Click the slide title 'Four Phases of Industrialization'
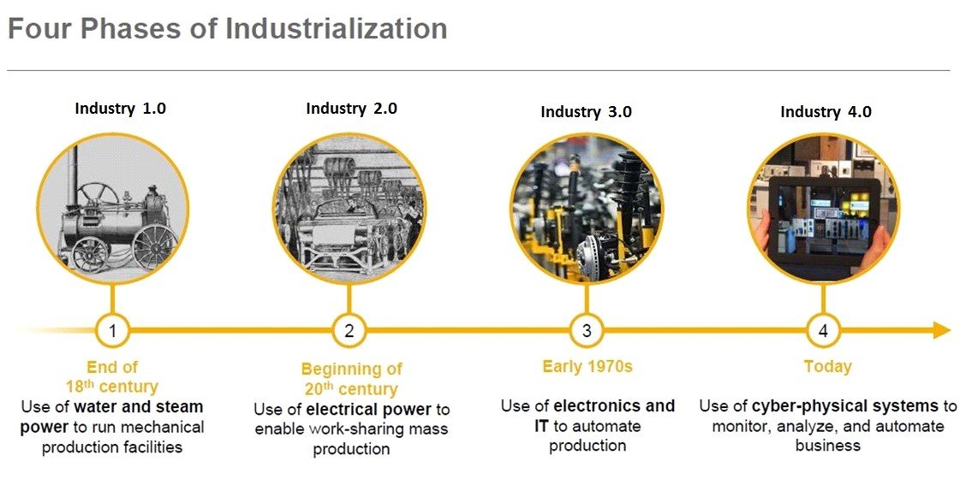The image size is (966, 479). (228, 29)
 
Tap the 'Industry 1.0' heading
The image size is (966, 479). (121, 109)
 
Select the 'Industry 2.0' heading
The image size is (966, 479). (352, 109)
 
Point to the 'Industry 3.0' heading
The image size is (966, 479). (587, 112)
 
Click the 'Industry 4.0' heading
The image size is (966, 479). (826, 112)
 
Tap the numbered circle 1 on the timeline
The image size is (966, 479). (113, 331)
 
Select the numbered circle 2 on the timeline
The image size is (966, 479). (349, 331)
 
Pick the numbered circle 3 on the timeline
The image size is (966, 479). (587, 331)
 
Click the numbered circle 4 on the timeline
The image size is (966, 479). (824, 331)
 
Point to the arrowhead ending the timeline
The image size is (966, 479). (942, 331)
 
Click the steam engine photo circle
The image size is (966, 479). (113, 210)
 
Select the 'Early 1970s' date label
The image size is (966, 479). (587, 367)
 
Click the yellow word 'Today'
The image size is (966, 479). (827, 367)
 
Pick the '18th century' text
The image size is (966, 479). (112, 387)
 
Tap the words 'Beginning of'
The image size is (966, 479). (351, 370)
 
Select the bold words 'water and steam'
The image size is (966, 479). (139, 407)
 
